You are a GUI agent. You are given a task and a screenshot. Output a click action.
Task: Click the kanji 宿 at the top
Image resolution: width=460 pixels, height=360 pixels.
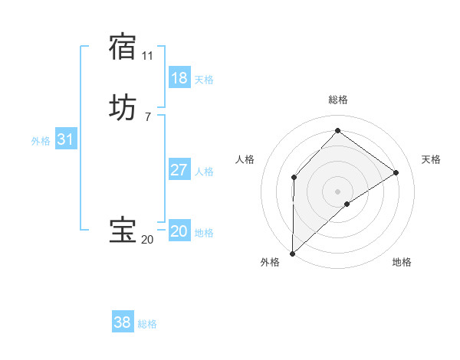pos(123,47)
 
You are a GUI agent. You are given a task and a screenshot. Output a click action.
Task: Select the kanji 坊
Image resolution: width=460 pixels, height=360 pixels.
pos(123,108)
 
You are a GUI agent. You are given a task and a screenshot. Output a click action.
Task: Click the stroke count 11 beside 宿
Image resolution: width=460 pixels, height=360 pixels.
pos(147,56)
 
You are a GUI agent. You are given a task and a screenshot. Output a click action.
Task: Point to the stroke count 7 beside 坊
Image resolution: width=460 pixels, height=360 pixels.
pos(147,117)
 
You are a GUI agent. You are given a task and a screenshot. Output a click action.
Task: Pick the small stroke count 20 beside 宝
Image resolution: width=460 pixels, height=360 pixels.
pos(147,240)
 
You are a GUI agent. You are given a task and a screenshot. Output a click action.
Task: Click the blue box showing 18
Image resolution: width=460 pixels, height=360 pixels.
pos(179,78)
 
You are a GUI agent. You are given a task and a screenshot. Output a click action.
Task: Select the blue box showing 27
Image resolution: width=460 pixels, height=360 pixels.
pos(179,170)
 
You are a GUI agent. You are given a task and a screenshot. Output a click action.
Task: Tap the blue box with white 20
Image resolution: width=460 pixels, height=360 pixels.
pos(179,231)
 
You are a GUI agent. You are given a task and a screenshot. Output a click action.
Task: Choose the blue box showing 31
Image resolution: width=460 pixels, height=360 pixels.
pos(65,139)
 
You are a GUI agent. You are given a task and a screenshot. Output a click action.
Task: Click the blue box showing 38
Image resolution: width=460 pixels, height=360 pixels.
pos(123,323)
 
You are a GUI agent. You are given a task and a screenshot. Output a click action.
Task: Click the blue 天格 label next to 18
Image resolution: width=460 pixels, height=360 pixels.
pos(204,80)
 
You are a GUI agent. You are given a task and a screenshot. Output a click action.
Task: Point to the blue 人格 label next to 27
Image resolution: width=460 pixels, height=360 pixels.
pos(204,172)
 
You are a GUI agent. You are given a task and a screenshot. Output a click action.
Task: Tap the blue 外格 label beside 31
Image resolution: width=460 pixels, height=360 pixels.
pos(41,141)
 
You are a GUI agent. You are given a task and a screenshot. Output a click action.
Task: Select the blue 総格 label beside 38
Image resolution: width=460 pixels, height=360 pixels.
pos(147,325)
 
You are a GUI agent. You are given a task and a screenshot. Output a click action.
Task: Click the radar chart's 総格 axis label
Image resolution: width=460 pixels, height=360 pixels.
pos(337,100)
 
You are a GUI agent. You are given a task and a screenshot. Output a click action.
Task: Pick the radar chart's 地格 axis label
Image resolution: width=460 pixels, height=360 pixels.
pos(402,262)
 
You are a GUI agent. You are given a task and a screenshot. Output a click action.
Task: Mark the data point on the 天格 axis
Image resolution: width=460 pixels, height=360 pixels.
pos(396,172)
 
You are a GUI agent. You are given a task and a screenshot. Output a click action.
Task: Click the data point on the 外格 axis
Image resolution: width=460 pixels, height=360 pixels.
pos(292,253)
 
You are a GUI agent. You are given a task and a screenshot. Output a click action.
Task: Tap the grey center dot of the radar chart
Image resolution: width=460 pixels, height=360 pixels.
pos(337,191)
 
